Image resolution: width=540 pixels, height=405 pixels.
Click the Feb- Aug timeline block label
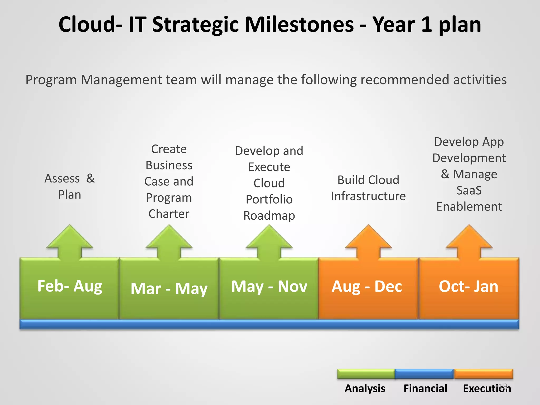point(70,286)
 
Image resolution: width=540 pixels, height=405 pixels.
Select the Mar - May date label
point(169,289)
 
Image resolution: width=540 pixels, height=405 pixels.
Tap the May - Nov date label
point(269,287)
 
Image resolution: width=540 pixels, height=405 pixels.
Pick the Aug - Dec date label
point(367,287)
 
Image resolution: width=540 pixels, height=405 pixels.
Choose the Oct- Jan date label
point(469,287)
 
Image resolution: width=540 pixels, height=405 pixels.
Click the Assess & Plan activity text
point(70,187)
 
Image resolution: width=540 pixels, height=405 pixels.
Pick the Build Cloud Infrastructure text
point(368,188)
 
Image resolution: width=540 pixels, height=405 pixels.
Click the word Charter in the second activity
point(169,214)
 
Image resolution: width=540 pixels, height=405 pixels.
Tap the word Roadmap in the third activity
point(269,216)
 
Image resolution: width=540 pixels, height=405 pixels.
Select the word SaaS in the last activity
point(469,190)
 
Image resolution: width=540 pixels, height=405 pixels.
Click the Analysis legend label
point(365,388)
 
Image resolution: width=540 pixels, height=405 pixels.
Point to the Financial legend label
point(425,388)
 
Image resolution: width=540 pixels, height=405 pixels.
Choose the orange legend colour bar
point(483,374)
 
